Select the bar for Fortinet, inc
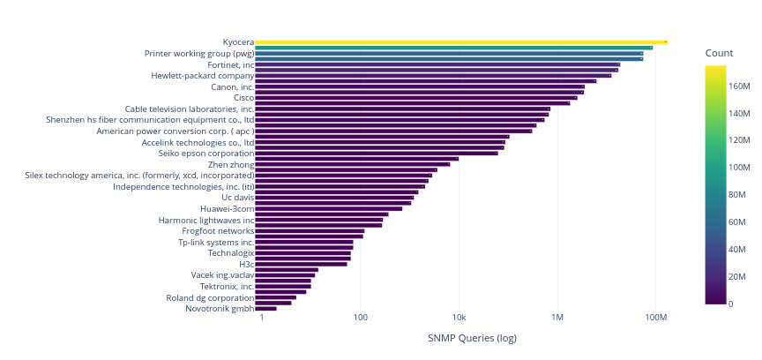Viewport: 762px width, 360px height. [x=437, y=64]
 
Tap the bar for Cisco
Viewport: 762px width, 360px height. [x=415, y=98]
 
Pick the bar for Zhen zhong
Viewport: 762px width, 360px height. [x=352, y=164]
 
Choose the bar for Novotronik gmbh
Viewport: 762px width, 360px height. [x=265, y=309]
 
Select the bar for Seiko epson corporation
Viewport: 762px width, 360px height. [x=376, y=154]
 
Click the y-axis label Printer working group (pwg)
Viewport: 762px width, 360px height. [x=199, y=53]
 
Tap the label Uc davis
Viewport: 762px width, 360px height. [x=238, y=198]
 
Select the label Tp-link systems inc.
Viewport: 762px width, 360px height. [x=216, y=242]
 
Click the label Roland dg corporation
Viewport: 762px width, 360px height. [x=210, y=297]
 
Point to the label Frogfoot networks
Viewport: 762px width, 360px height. [x=218, y=231]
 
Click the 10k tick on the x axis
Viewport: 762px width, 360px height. [x=459, y=318]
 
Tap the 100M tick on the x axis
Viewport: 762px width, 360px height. [x=655, y=318]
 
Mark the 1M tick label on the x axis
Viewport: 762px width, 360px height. [x=557, y=318]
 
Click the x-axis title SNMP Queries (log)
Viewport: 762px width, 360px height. [x=472, y=338]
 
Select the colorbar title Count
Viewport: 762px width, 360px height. [x=720, y=54]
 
